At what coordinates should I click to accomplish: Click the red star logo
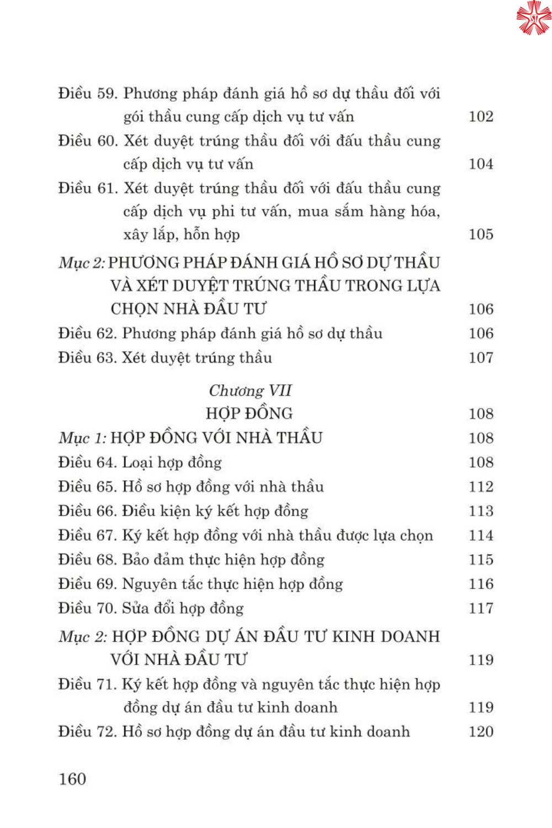pos(533,18)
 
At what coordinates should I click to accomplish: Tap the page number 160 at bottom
pos(72,779)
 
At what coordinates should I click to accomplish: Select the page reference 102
pos(481,116)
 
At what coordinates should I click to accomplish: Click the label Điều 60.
pos(88,141)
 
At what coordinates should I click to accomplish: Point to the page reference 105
pos(481,235)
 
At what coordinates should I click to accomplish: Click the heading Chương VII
pos(250,390)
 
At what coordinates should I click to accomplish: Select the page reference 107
pos(481,358)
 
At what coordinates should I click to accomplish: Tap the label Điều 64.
pos(88,463)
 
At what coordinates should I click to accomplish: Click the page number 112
pos(481,487)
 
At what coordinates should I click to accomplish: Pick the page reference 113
pos(481,511)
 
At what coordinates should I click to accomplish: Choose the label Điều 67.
pos(88,535)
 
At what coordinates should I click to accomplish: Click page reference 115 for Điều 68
pos(481,560)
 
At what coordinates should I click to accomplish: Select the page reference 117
pos(481,608)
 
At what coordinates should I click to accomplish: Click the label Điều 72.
pos(88,732)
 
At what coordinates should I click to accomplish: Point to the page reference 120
pos(481,732)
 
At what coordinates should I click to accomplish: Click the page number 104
pos(481,164)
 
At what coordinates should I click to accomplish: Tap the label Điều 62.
pos(88,333)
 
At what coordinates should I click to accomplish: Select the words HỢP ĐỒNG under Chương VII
pos(249,413)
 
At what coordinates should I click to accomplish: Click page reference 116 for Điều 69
pos(481,584)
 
